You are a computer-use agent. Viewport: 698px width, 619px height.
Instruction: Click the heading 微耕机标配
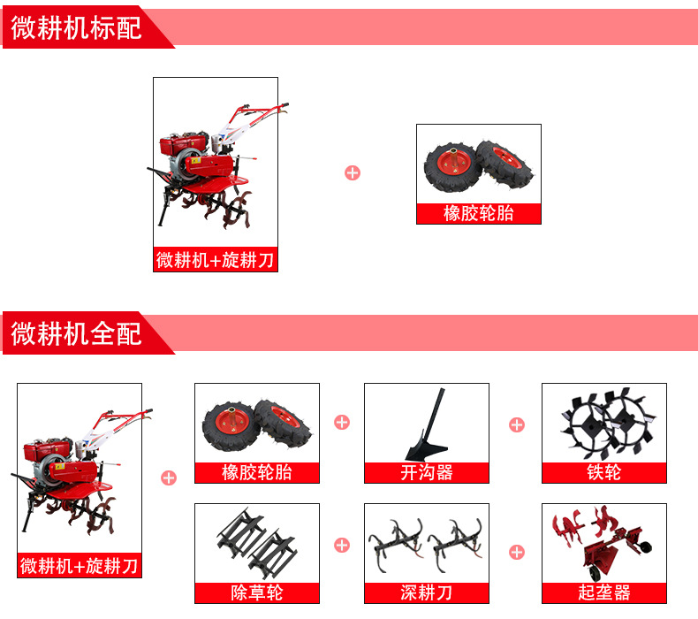coord(76,27)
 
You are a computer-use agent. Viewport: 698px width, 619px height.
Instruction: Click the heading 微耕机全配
coord(76,333)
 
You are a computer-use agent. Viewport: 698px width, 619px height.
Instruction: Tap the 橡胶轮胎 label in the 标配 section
coord(479,213)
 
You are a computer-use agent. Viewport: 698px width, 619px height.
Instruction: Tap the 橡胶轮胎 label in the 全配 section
coord(257,472)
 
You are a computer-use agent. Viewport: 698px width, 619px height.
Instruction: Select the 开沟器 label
coord(427,472)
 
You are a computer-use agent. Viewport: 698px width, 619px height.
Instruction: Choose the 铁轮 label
coord(604,472)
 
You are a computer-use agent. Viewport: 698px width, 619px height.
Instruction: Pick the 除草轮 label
coord(257,592)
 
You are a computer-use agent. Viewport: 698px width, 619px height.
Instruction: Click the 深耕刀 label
coord(427,592)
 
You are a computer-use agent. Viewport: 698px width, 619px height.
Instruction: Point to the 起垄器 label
coord(604,592)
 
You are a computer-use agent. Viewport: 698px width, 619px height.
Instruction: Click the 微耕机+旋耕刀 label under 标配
coord(215,260)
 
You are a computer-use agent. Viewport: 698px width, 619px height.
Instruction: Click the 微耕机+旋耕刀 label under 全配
coord(80,566)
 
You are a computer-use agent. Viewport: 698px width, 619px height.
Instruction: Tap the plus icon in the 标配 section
coord(353,173)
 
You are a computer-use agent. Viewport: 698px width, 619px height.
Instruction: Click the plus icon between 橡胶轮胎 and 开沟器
coord(342,422)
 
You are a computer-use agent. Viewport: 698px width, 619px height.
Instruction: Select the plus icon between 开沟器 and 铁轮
coord(517,424)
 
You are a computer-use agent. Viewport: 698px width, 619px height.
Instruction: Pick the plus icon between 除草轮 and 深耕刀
coord(342,545)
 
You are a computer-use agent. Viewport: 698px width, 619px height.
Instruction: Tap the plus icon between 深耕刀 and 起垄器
coord(517,552)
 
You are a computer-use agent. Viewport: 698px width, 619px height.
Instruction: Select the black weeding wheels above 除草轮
coord(257,542)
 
